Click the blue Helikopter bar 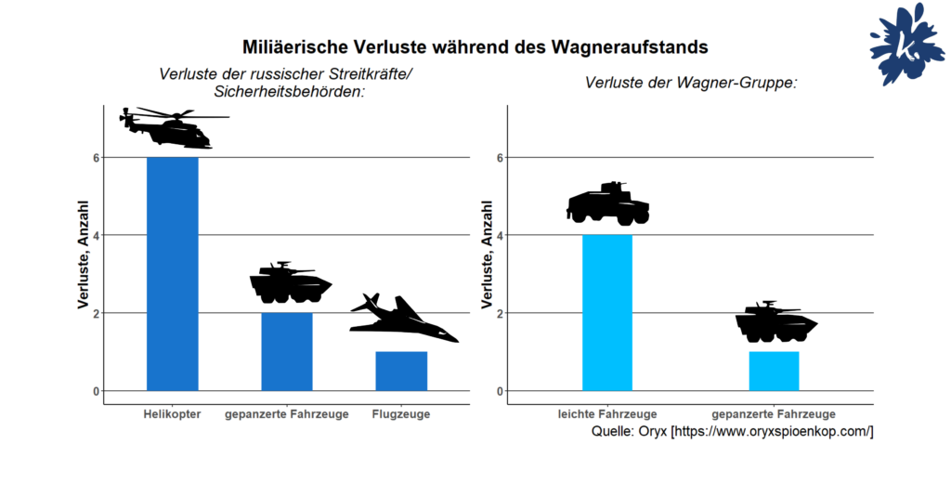click(x=172, y=274)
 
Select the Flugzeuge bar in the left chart click(x=401, y=371)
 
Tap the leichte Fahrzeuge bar click(x=606, y=312)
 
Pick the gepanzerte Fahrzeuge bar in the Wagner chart click(x=774, y=371)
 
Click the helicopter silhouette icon click(x=173, y=127)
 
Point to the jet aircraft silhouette click(x=402, y=320)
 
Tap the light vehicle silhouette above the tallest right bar click(x=607, y=203)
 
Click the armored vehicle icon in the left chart click(x=289, y=284)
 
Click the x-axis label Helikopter click(x=172, y=414)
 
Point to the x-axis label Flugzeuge click(x=400, y=414)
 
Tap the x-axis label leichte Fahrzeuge click(x=607, y=414)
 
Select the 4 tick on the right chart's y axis click(x=501, y=235)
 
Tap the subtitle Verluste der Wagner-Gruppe click(x=692, y=84)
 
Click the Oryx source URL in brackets click(x=772, y=432)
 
